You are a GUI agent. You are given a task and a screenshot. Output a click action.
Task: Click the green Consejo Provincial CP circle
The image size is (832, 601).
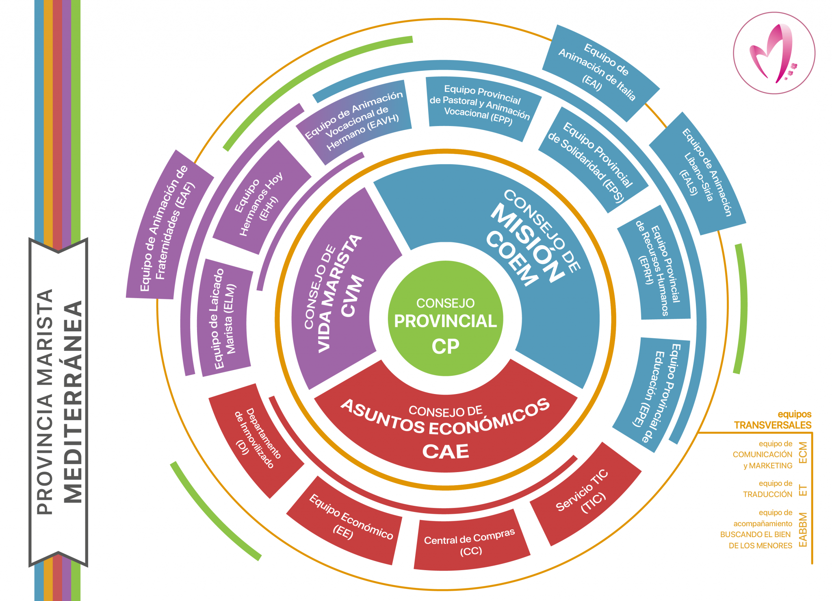pos(445,318)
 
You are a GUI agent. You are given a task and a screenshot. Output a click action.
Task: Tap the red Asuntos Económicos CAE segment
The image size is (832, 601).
pos(446,431)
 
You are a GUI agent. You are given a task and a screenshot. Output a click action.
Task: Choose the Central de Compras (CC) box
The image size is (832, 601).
pos(470,543)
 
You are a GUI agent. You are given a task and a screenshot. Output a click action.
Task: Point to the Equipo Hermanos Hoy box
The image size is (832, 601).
pos(260,199)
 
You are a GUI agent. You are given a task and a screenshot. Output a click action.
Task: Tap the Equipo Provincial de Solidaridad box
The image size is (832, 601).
pos(591,161)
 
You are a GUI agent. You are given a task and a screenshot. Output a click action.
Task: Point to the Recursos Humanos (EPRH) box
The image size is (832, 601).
pos(656,266)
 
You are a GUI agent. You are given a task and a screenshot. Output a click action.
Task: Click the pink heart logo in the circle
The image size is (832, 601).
pos(773,53)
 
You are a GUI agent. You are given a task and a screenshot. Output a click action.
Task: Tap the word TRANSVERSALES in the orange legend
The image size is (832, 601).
pos(772,425)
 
